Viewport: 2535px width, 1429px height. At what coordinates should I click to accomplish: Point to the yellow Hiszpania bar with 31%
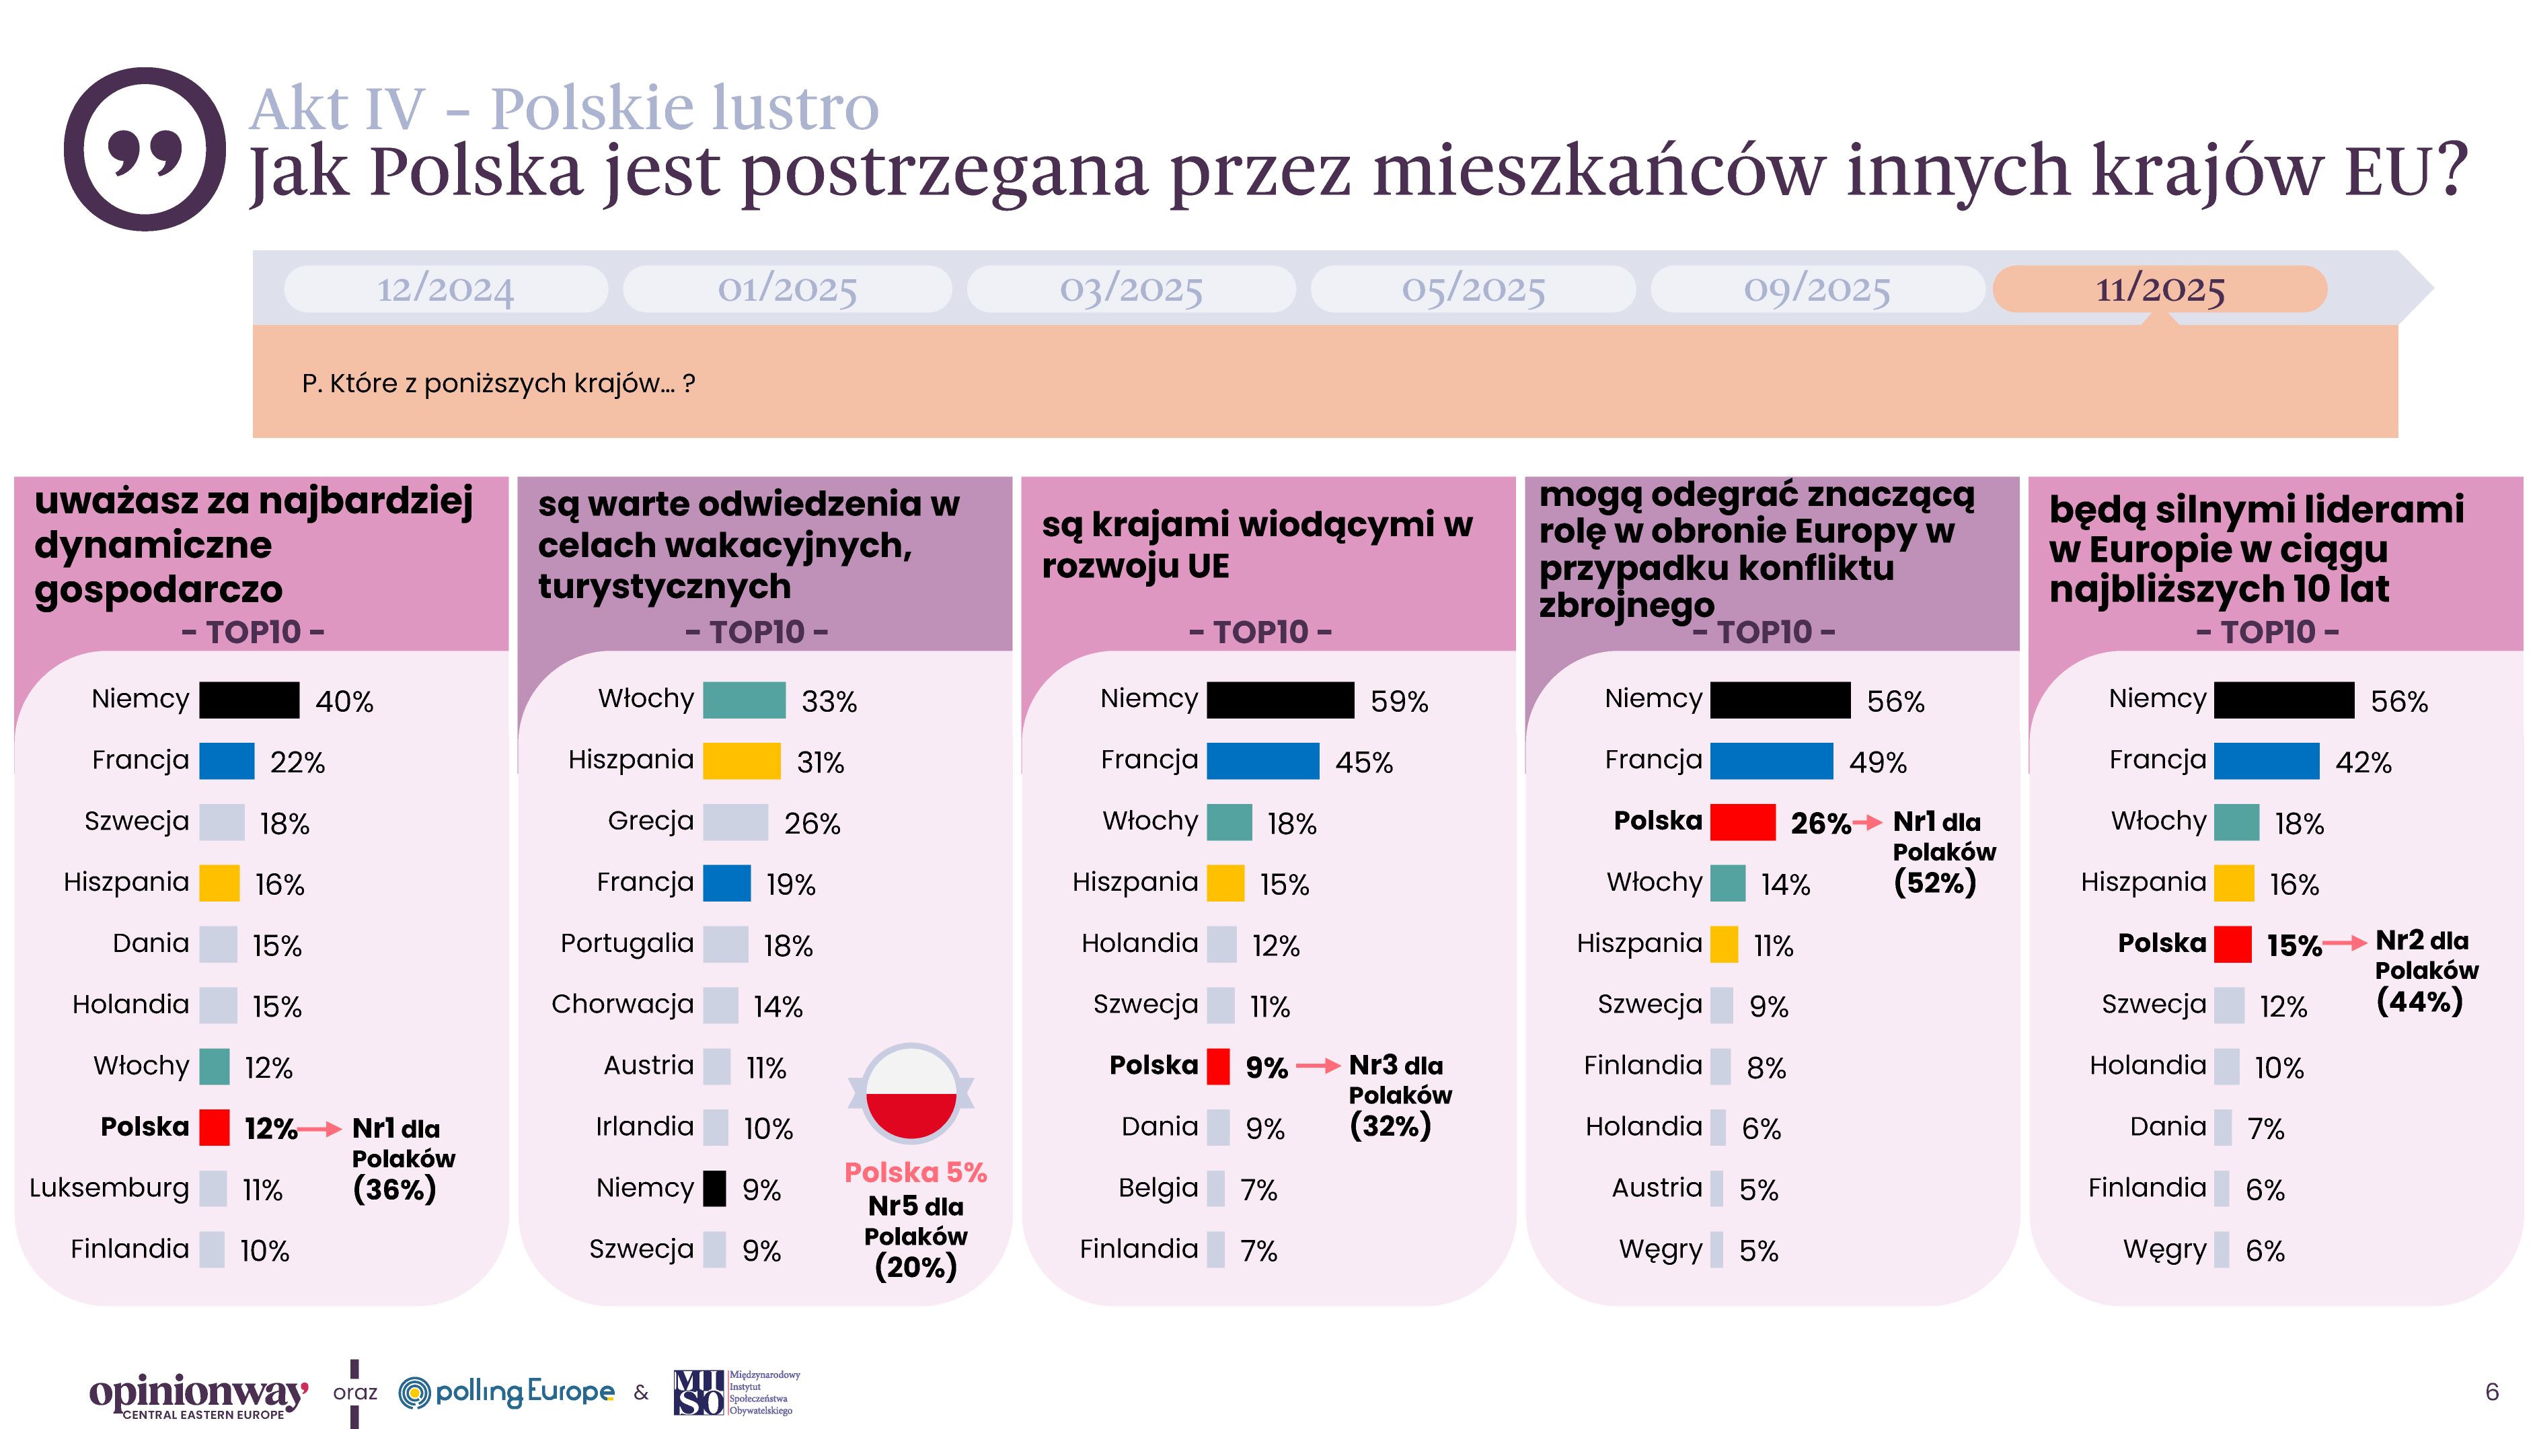(x=741, y=761)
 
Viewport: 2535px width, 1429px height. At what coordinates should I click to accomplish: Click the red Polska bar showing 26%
(x=1742, y=821)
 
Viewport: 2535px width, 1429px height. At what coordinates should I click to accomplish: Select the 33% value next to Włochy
(x=829, y=702)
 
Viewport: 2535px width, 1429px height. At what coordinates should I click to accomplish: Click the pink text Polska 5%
(x=915, y=1172)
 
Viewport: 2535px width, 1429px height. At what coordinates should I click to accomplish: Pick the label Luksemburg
(x=109, y=1188)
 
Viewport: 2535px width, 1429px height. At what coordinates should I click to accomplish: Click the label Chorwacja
(x=622, y=1004)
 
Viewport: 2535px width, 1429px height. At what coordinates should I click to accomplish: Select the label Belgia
(x=1158, y=1188)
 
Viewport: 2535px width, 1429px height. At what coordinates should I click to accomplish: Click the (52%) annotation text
(x=1934, y=883)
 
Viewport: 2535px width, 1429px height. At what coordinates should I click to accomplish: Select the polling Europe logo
(x=507, y=1391)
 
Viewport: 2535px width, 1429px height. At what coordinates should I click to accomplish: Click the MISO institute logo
(x=736, y=1391)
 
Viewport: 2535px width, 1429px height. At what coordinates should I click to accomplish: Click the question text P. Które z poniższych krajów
(x=498, y=383)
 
